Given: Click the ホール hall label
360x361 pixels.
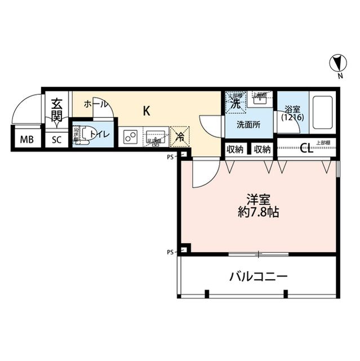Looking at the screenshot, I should pyautogui.click(x=95, y=104).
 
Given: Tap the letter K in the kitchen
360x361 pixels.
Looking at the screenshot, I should pyautogui.click(x=146, y=111).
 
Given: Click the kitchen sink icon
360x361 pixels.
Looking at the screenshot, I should pyautogui.click(x=155, y=137).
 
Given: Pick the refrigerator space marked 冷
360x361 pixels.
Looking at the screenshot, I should pyautogui.click(x=181, y=136).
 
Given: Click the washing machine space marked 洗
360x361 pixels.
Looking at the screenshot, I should pyautogui.click(x=235, y=102).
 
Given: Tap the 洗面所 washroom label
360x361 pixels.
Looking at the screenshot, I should pyautogui.click(x=248, y=125).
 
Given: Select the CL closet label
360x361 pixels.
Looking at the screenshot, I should pyautogui.click(x=306, y=149).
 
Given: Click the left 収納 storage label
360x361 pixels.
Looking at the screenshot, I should pyautogui.click(x=235, y=149).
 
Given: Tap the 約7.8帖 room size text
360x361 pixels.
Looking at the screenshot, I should pyautogui.click(x=259, y=212).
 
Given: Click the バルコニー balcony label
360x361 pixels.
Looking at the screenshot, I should pyautogui.click(x=259, y=276).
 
